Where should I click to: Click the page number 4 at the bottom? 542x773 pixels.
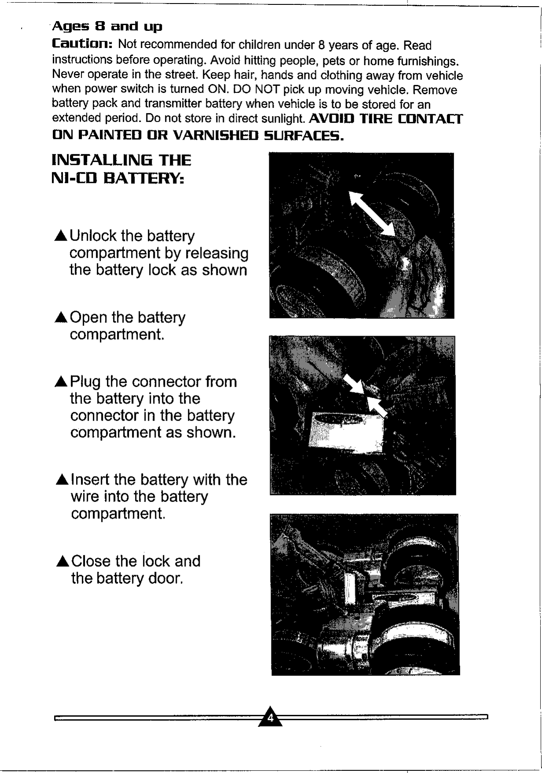click(271, 718)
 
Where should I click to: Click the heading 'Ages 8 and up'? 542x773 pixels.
click(107, 27)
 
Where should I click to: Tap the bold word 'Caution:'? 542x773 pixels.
click(83, 44)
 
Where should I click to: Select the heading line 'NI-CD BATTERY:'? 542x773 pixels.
click(117, 179)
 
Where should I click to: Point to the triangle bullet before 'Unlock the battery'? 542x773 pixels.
click(61, 237)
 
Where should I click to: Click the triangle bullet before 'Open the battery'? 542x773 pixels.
click(61, 318)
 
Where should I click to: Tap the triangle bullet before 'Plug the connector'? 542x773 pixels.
click(61, 382)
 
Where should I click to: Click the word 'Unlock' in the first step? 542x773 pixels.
click(93, 236)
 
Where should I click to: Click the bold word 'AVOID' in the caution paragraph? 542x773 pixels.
click(332, 119)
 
